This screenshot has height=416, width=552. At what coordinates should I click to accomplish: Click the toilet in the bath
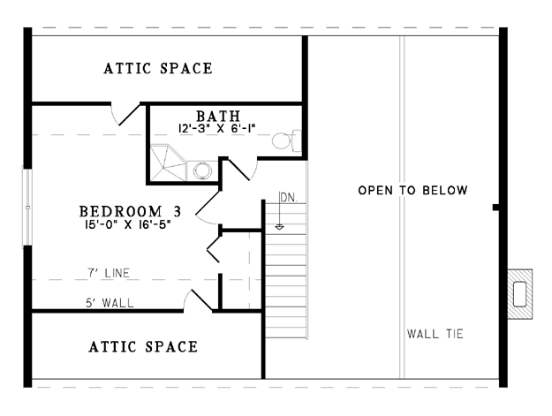coord(286,140)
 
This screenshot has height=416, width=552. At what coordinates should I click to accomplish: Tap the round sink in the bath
coord(203,170)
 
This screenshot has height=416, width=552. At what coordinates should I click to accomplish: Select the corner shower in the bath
coord(168,163)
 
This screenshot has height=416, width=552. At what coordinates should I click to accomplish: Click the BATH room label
coord(218,116)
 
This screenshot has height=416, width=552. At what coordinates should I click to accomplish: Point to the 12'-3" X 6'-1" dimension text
coord(216,128)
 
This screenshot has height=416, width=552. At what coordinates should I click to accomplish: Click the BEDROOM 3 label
coord(130,211)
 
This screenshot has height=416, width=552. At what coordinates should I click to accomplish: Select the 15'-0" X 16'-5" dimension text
coord(127,224)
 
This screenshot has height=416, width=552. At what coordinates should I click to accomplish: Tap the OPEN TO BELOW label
coord(412,191)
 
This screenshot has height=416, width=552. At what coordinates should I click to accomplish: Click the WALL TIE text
coord(435,334)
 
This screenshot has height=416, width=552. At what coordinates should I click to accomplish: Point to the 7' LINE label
coord(109,273)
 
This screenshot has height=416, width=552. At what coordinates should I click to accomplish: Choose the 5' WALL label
coord(110,303)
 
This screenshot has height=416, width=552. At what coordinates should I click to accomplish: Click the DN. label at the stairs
coord(290,198)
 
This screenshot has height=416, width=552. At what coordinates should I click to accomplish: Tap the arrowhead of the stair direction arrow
coord(279,227)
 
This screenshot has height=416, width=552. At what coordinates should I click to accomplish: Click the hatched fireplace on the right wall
coord(520,294)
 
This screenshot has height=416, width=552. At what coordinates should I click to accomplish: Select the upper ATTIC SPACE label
coord(158,68)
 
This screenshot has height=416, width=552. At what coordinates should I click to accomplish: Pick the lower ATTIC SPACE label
coord(143,346)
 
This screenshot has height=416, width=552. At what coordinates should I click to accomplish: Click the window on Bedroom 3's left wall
coord(27,207)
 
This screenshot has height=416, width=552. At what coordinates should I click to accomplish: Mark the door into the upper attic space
coord(125,113)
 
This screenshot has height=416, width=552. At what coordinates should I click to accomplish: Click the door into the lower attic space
coord(198,300)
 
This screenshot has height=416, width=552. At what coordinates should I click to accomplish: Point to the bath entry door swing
coord(243,170)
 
